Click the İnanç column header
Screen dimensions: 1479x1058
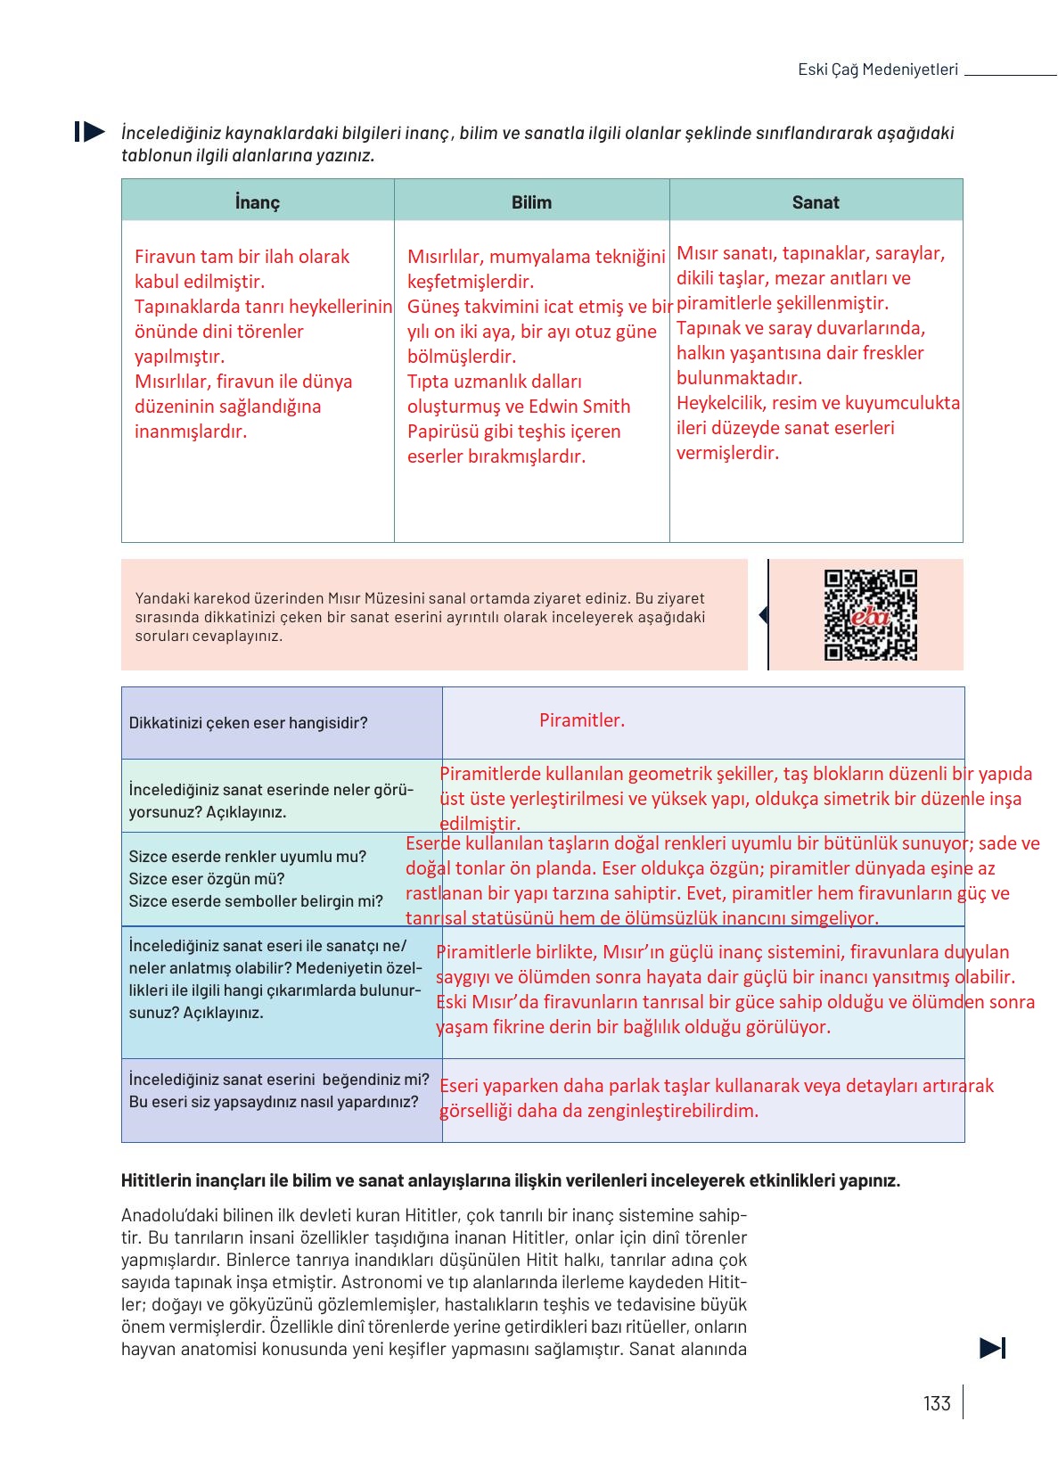tap(258, 202)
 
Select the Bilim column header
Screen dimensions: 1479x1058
tap(531, 202)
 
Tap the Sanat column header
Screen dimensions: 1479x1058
tap(816, 202)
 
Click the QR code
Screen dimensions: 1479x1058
tap(870, 615)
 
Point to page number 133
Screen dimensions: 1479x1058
tap(937, 1403)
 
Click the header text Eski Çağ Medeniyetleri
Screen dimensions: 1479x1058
tap(878, 70)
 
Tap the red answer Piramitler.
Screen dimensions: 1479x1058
tap(582, 720)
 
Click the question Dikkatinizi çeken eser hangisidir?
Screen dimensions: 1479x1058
tap(248, 723)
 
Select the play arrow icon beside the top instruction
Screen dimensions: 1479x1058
tap(90, 132)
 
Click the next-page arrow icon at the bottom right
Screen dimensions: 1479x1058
tap(992, 1348)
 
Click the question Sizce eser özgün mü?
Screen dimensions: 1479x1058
tap(207, 879)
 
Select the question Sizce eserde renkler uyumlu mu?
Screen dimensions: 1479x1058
tap(247, 857)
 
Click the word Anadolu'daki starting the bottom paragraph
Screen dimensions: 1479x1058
tap(164, 1215)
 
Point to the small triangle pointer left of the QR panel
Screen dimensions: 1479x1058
tap(763, 615)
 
